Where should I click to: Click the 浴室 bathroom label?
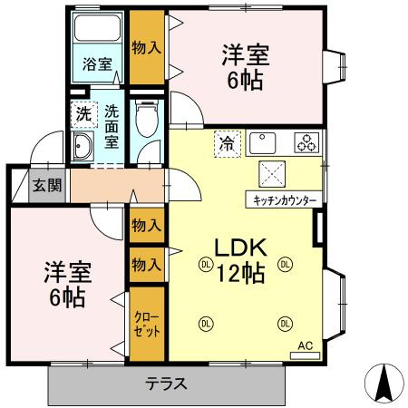(98, 64)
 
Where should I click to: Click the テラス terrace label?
(166, 384)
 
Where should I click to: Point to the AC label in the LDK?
(306, 346)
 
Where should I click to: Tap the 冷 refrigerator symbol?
(226, 143)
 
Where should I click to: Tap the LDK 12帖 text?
(239, 259)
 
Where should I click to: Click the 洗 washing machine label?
(83, 114)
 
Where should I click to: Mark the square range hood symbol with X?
(273, 172)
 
